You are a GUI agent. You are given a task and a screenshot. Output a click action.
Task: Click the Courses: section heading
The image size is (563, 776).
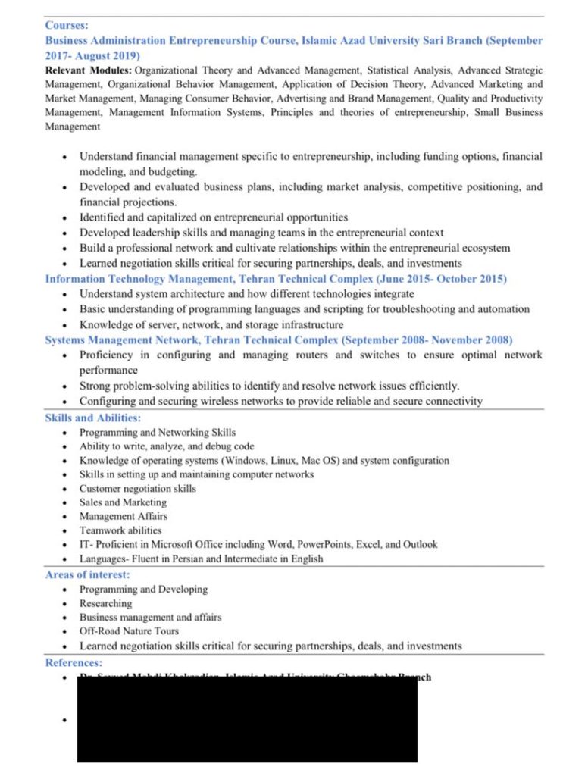point(67,25)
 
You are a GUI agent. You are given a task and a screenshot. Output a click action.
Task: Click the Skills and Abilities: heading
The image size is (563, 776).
point(92,418)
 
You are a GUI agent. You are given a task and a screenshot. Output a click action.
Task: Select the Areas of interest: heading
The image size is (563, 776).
point(87,574)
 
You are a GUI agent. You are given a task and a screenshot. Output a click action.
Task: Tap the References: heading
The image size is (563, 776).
point(74,662)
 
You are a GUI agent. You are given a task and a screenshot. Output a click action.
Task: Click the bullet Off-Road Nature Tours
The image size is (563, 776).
point(129,630)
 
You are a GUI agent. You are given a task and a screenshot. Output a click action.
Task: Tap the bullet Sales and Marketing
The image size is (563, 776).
point(123,502)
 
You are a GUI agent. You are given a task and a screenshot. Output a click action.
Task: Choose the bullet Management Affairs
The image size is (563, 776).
point(124,516)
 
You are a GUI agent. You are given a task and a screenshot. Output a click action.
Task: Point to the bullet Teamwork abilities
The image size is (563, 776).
point(120,530)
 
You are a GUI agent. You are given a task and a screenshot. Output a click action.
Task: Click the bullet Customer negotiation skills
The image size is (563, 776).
point(137,488)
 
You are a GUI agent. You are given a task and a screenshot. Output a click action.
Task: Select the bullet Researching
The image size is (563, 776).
point(105,603)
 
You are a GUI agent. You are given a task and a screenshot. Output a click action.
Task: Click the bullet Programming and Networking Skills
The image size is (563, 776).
point(158,432)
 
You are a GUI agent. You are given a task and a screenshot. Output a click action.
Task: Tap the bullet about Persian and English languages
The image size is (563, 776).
point(201,559)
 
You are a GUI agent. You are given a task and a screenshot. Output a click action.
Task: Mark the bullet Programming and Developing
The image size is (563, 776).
point(143,589)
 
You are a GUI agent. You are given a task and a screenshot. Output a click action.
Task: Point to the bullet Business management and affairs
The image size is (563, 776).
point(150,617)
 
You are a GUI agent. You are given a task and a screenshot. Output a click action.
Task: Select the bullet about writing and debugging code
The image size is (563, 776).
point(167,446)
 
